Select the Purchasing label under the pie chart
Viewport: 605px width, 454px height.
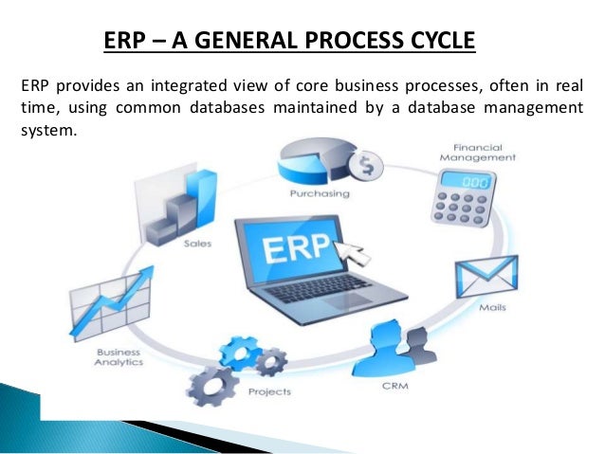[x=319, y=194]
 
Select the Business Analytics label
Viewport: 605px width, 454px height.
[x=118, y=356]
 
